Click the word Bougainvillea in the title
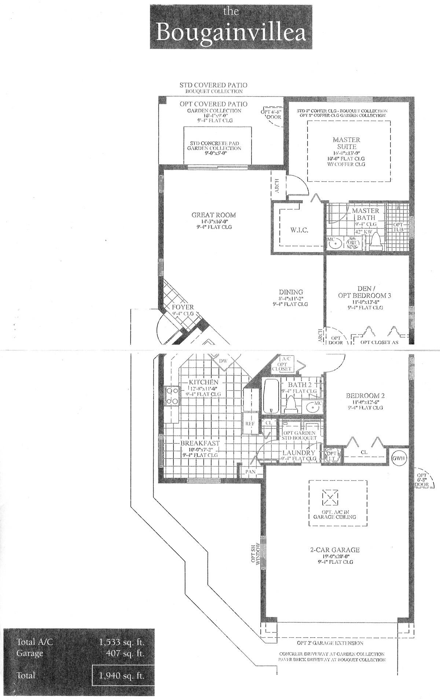point(231,33)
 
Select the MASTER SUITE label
point(346,143)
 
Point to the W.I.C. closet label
point(299,230)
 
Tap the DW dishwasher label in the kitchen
point(223,361)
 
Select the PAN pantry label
point(250,472)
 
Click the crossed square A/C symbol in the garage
point(331,498)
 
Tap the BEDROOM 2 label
point(365,396)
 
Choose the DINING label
point(290,292)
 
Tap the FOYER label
point(182,307)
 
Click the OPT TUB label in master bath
point(398,227)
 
